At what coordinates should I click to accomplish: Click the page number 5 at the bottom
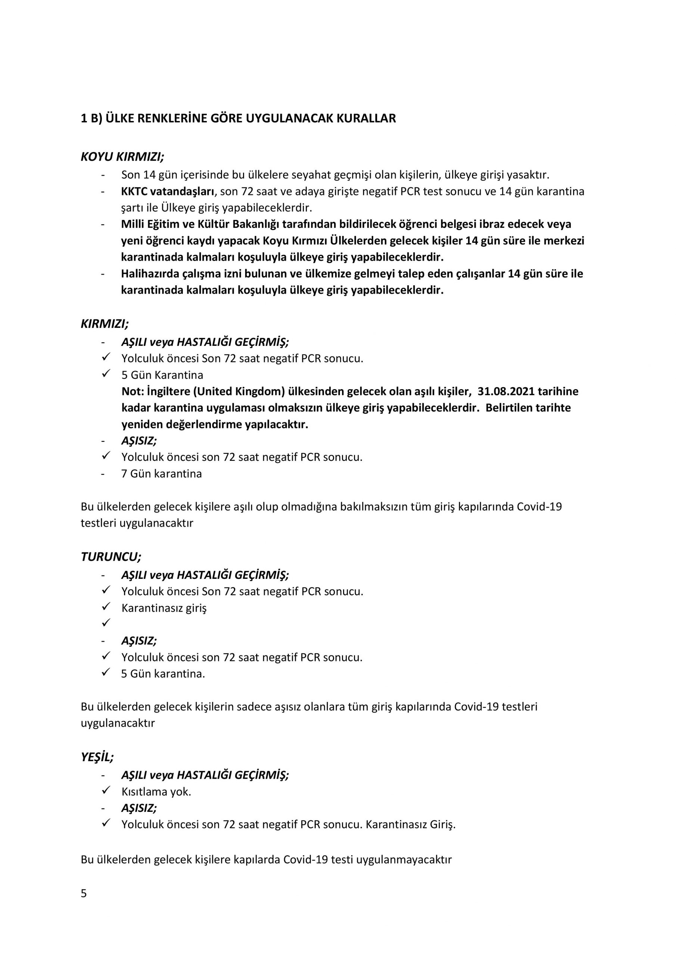tap(84, 894)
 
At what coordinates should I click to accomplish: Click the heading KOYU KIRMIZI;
tap(122, 157)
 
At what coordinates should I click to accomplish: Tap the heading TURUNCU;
tap(111, 557)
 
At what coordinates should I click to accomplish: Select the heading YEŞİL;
tap(97, 757)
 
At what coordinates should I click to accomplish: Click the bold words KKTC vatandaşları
tap(168, 192)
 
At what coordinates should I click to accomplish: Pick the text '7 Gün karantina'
tap(162, 474)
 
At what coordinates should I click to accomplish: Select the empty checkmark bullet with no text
tap(106, 623)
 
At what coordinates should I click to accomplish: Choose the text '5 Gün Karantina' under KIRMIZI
tap(162, 375)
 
